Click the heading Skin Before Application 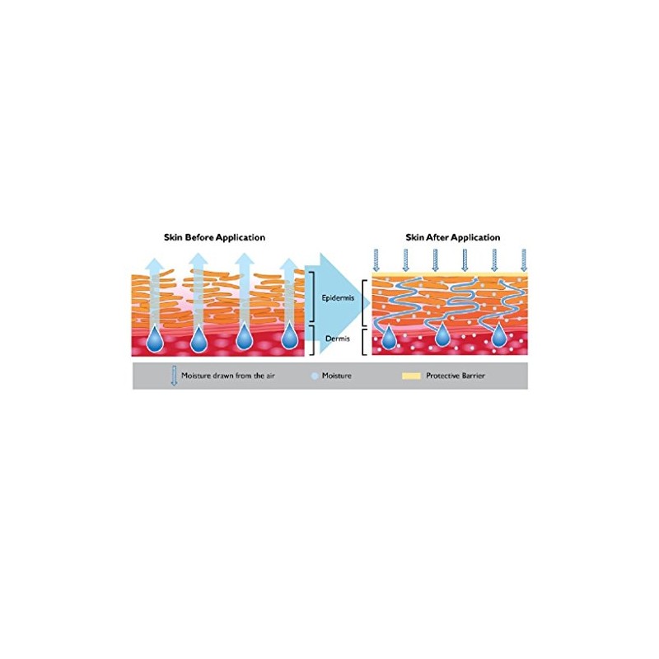point(214,237)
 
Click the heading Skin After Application point(452,237)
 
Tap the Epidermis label point(338,298)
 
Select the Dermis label point(338,339)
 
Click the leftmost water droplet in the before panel point(155,339)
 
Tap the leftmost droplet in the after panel point(389,337)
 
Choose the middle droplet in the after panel point(442,335)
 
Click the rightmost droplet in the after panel point(498,335)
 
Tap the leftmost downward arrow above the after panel point(376,260)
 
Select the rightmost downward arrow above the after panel point(524,260)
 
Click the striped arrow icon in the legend point(174,376)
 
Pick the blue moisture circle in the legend point(315,376)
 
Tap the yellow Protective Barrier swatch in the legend point(411,376)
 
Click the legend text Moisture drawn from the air point(228,376)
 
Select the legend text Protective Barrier point(456,376)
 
